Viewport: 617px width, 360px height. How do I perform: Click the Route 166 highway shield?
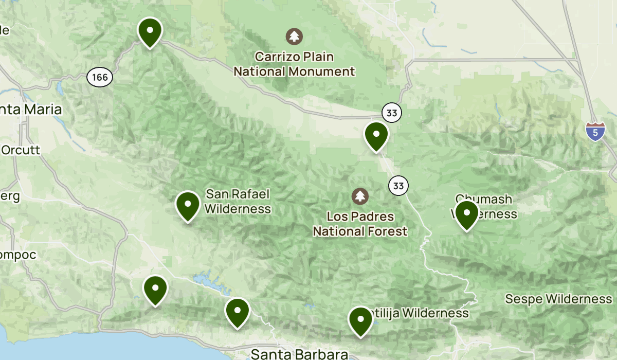point(100,77)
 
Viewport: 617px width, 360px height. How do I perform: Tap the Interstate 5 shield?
point(595,132)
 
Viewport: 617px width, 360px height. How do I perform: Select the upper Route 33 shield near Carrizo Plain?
point(392,113)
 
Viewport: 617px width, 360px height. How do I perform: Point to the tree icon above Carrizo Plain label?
point(294,36)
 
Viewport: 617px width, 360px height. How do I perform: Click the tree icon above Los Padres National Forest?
point(360,195)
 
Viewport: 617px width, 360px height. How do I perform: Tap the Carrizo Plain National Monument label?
point(294,64)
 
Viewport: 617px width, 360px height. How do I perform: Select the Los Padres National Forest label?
point(360,224)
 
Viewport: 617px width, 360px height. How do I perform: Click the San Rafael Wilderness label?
point(238,201)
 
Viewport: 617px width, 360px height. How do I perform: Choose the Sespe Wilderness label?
point(558,299)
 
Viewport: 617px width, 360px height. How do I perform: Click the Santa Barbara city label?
point(299,354)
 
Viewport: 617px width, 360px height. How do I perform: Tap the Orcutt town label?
point(21,150)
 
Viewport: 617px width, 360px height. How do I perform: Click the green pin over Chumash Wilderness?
point(466,214)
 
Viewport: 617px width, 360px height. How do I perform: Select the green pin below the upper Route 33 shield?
point(376,135)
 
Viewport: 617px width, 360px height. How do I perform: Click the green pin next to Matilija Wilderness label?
point(360,320)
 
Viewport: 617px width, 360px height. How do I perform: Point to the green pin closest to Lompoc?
point(155,290)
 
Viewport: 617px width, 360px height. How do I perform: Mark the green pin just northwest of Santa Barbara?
point(237,312)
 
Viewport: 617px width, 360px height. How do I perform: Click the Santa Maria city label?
point(31,110)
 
